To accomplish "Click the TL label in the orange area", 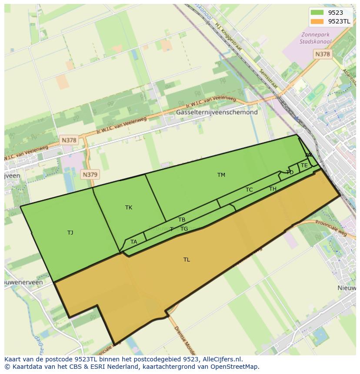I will [x=187, y=260].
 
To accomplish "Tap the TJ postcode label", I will [x=70, y=233].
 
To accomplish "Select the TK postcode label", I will [x=129, y=208].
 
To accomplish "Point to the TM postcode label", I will [x=221, y=175].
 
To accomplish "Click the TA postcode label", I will [x=134, y=242].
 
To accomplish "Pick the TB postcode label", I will [x=182, y=220].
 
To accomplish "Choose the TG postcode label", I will [x=184, y=229].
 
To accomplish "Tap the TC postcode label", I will [x=249, y=190].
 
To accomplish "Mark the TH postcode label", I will [x=273, y=189].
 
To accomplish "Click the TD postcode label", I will [x=290, y=172].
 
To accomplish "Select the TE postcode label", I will [x=304, y=165].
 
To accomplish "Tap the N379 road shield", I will [x=90, y=175].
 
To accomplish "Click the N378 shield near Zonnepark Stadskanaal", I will [x=322, y=54].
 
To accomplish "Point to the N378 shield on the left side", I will [x=69, y=140].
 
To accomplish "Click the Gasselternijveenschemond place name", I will [x=217, y=112].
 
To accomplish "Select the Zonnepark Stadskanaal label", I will [x=315, y=38].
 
